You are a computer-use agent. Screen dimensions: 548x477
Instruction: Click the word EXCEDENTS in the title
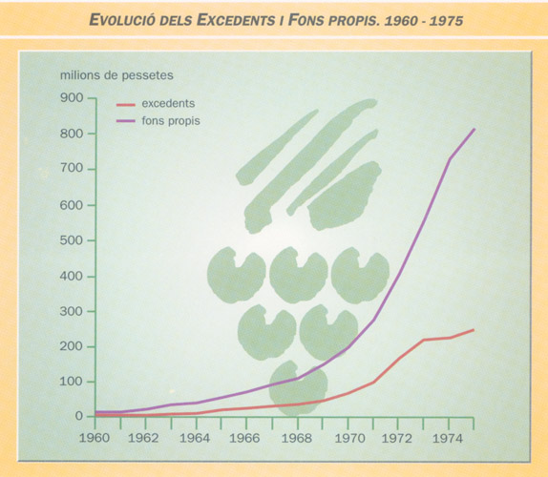[236, 20]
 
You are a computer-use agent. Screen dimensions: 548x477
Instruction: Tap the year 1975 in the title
[446, 21]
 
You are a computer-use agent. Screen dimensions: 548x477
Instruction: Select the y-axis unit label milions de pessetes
[116, 75]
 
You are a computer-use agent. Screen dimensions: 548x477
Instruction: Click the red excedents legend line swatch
[126, 104]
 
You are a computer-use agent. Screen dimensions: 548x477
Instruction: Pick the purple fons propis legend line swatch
[126, 121]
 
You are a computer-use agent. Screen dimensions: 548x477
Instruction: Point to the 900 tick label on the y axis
[72, 97]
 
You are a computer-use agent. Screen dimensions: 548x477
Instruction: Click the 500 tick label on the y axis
[72, 240]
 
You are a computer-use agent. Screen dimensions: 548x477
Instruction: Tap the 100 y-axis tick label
[72, 382]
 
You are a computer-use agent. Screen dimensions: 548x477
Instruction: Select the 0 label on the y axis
[79, 416]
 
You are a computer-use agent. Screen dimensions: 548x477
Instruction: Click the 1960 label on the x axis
[95, 438]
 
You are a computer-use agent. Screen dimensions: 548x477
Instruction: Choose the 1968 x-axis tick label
[297, 438]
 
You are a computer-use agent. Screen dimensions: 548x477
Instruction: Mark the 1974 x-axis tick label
[448, 438]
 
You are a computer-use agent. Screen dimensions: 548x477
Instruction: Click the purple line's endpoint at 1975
[474, 129]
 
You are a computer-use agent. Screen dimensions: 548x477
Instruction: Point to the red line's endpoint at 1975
[474, 330]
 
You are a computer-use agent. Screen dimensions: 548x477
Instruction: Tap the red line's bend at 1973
[424, 340]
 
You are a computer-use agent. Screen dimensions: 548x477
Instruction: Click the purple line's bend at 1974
[449, 159]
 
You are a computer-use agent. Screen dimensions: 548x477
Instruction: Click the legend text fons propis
[171, 121]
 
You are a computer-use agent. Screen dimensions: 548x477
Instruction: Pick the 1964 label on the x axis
[195, 438]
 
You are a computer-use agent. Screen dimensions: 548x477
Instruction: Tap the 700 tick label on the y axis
[72, 168]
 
